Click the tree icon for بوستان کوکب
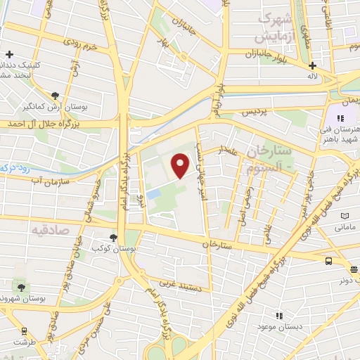click(x=115, y=238)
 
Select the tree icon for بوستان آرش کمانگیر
click(x=56, y=94)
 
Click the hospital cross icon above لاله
click(x=312, y=67)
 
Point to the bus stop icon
click(x=328, y=260)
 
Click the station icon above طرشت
click(x=25, y=330)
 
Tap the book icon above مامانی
click(x=345, y=216)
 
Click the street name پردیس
click(x=256, y=111)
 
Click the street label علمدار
click(x=231, y=149)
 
